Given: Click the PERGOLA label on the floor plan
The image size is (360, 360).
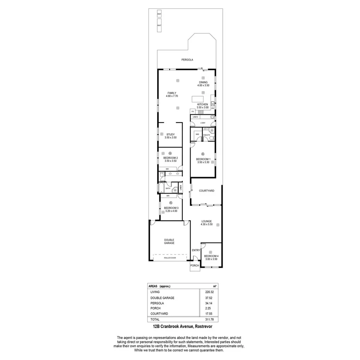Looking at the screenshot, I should coord(187,60).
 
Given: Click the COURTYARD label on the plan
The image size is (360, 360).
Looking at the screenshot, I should coord(206,191).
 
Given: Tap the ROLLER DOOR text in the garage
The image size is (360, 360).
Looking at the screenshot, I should coord(170,258).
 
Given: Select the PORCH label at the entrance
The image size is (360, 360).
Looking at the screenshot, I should coord(195,265).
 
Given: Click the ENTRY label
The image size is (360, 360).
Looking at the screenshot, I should coord(196,250).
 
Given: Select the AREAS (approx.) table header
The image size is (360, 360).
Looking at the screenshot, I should coord(159,286).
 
